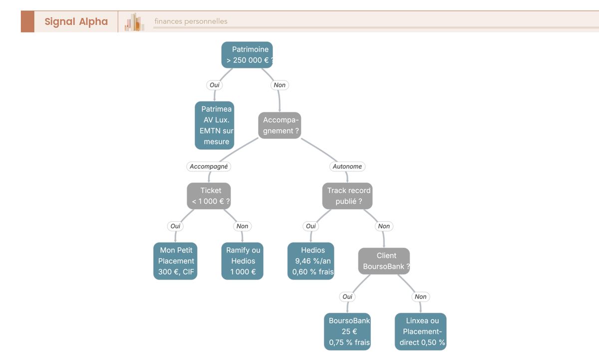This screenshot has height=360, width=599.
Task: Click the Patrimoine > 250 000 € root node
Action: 247,54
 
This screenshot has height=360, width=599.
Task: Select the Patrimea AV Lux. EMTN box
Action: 214,125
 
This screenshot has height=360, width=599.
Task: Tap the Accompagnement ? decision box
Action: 280,125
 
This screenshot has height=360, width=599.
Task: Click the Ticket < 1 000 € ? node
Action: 209,196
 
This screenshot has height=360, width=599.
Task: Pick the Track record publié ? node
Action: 347,196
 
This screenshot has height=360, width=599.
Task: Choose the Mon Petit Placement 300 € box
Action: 175,261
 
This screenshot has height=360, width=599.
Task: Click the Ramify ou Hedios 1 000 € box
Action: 242,261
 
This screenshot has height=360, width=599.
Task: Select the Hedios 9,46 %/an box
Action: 311,261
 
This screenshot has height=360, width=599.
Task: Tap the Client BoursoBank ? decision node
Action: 384,261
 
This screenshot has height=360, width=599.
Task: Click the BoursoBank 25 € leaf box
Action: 347,332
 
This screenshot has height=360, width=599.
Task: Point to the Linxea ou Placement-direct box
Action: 421,332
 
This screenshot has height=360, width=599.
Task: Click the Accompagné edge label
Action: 209,166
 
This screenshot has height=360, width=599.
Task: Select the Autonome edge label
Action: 347,166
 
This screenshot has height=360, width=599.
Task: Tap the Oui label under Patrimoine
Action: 214,85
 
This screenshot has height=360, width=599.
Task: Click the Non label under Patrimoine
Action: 280,85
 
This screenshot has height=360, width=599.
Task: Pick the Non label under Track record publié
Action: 384,226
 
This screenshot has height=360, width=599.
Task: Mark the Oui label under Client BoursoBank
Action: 347,297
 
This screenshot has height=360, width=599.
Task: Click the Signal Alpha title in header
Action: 76,21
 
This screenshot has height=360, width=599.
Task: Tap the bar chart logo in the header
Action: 134,22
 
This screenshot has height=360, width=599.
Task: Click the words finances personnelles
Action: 191,21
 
